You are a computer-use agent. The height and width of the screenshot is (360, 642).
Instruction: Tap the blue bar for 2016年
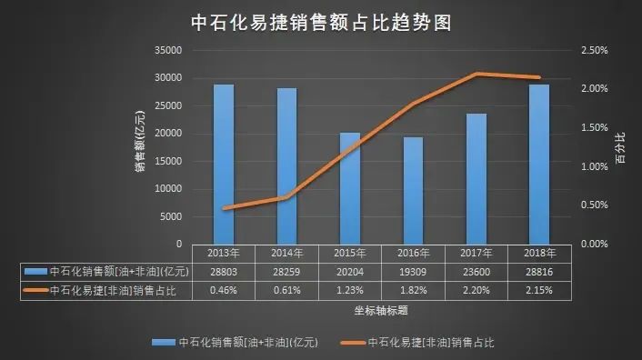click(x=413, y=190)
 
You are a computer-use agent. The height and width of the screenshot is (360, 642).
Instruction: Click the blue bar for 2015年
click(x=350, y=188)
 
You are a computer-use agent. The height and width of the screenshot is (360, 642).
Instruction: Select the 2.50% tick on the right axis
click(x=593, y=50)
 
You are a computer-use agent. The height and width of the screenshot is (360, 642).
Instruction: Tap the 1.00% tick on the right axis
click(x=593, y=166)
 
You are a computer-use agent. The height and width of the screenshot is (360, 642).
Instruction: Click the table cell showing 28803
click(x=224, y=272)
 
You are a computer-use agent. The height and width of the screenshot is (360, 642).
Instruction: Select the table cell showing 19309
click(x=414, y=272)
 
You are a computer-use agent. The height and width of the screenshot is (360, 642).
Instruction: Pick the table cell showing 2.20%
click(x=476, y=290)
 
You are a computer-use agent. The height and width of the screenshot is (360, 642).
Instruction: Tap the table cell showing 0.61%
click(x=286, y=290)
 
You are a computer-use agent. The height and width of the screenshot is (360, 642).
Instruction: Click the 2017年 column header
click(x=476, y=253)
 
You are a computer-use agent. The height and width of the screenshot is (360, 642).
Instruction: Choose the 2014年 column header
click(x=286, y=253)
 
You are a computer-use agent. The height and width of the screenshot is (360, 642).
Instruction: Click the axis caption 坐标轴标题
click(x=381, y=310)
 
